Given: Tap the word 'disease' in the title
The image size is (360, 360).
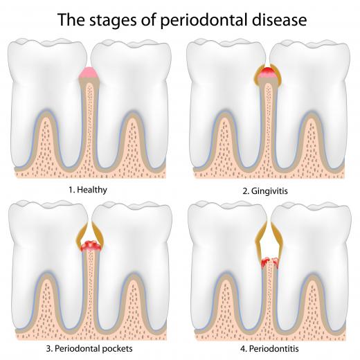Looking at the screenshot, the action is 280,19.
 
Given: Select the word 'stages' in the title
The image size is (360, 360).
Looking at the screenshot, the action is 113,21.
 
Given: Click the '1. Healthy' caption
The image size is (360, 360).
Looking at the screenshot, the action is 88,190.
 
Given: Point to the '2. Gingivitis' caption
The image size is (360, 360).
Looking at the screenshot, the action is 265,191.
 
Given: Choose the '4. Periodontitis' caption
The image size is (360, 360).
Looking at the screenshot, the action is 269,349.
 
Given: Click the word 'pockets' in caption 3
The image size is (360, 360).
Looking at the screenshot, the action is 117,348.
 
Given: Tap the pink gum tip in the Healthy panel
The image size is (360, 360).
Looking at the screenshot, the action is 89,73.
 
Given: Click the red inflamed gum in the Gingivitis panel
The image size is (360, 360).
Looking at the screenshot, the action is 268,73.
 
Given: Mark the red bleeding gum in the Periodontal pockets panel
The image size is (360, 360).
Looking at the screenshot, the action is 91,246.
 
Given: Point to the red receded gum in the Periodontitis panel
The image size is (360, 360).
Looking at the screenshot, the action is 270,263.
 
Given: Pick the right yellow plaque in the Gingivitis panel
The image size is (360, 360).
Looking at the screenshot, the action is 277,74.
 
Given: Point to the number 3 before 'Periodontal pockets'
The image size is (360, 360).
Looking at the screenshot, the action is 48,348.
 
